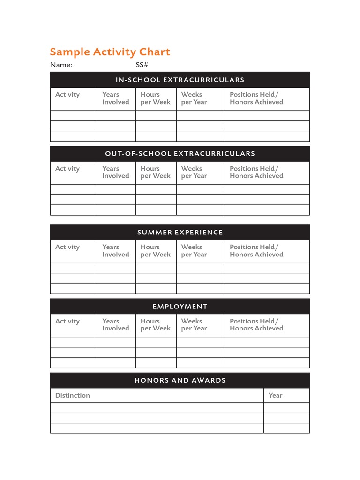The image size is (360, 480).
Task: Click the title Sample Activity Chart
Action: coord(110,52)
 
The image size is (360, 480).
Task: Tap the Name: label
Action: coord(61,65)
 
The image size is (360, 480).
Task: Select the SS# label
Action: coord(142,65)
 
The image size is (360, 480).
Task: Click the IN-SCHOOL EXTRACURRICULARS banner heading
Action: coord(180,80)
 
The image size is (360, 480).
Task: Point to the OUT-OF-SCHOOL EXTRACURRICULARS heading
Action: coord(180,154)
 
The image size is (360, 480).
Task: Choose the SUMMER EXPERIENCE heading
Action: coord(180,232)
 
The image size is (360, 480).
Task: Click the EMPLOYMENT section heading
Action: coord(180,307)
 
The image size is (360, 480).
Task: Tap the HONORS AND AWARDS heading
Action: coord(180,380)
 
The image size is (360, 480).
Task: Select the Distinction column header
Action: coord(73,395)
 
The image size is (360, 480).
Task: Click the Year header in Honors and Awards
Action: coord(275,395)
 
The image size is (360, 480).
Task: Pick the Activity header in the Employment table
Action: coord(67,321)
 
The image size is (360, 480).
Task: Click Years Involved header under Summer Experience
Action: coord(116,251)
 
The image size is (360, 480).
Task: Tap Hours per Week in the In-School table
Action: coord(156,98)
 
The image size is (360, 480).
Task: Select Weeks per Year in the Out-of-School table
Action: coord(194,172)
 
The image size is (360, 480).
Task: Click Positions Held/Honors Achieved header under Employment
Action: coord(256,325)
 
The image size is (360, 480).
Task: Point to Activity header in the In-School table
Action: coord(67,95)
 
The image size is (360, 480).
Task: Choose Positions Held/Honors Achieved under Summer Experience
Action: coord(256,251)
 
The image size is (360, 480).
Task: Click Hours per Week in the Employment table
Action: coord(156,325)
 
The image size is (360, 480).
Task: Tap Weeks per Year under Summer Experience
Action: coord(194,251)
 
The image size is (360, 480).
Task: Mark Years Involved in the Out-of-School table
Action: coord(116,172)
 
